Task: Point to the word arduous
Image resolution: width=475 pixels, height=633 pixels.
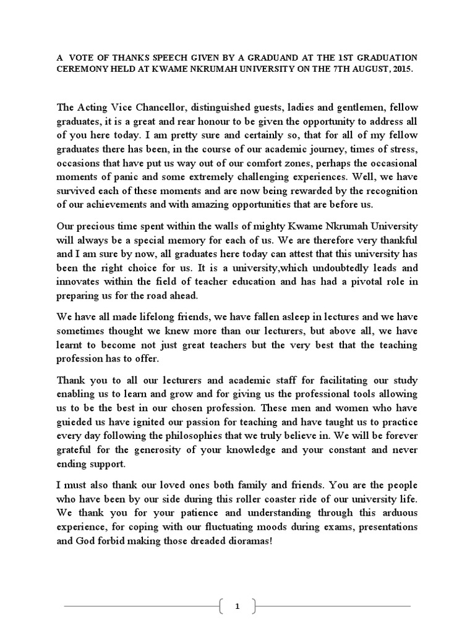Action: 393,512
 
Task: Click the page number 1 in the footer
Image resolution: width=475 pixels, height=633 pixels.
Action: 237,606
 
